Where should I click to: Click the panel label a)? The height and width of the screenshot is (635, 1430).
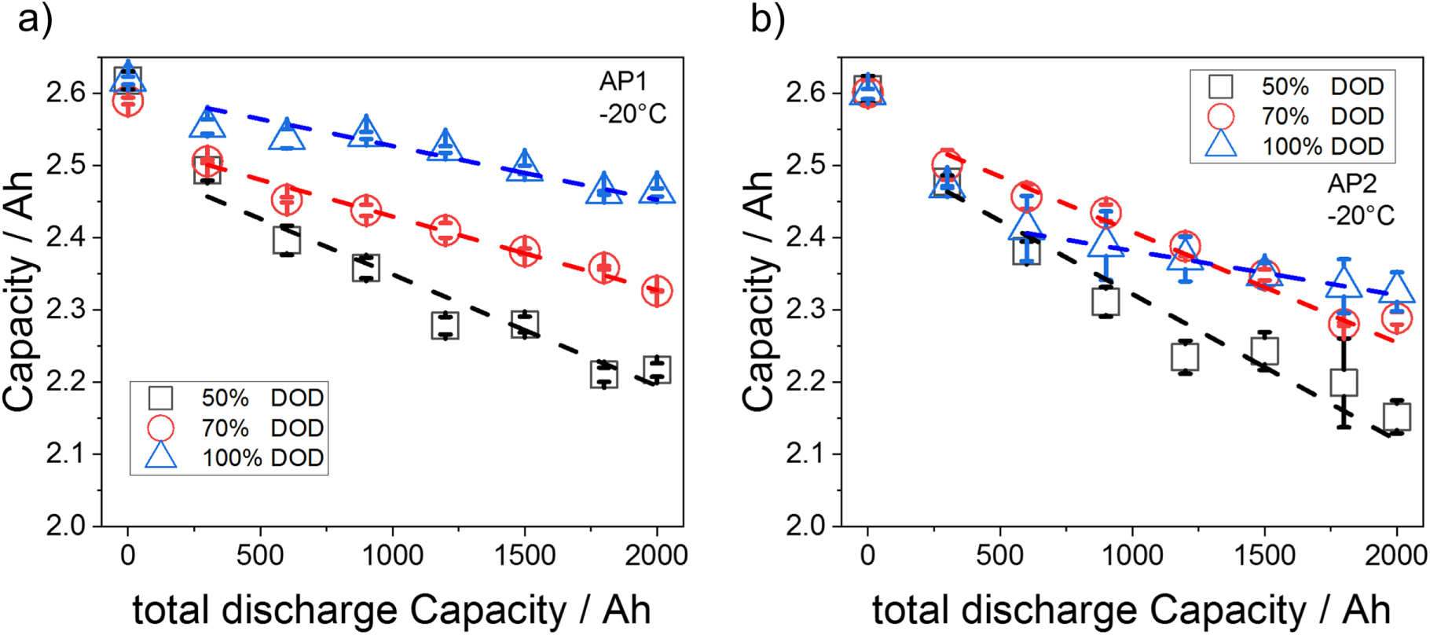(35, 20)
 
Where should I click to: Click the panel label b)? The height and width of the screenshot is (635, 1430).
(767, 20)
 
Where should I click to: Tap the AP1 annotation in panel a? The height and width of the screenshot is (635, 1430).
(622, 82)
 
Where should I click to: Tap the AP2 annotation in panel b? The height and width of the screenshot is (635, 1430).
(1351, 183)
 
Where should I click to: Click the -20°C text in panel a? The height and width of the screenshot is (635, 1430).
(632, 115)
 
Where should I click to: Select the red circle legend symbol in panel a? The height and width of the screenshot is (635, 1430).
(161, 428)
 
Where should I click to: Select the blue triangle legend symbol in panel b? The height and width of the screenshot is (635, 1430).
(1220, 145)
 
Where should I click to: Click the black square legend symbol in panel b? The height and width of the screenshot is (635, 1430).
(1220, 86)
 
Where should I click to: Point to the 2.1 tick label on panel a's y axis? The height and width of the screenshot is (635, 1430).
(67, 454)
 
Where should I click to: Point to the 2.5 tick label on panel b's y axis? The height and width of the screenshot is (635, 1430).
(806, 166)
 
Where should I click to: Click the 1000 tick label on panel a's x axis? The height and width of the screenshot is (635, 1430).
(392, 556)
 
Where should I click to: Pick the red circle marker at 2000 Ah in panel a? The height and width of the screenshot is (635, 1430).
(657, 291)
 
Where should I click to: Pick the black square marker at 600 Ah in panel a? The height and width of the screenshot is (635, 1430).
(287, 240)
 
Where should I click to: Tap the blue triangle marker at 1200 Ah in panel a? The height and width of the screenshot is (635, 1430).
(445, 146)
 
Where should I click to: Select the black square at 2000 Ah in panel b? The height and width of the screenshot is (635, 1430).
(1396, 417)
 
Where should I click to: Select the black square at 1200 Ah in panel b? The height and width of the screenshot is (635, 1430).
(1185, 357)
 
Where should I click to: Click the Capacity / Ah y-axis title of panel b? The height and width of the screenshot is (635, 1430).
(758, 291)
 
